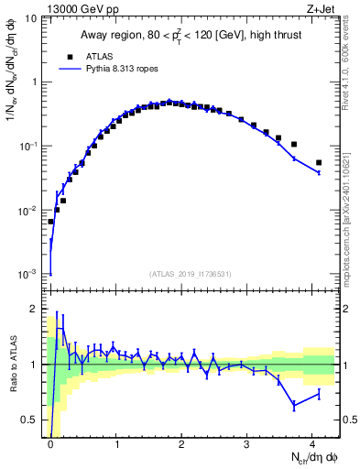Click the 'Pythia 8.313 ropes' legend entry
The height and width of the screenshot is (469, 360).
(110, 69)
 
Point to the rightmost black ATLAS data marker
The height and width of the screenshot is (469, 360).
(319, 163)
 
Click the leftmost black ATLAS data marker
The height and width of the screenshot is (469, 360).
(51, 222)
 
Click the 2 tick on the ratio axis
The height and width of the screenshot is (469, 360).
(37, 309)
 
